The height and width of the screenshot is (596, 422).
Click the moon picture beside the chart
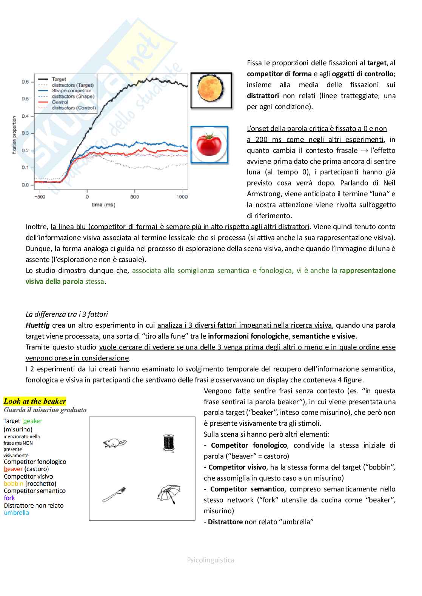pyautogui.click(x=211, y=91)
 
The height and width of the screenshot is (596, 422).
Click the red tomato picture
pyautogui.click(x=209, y=145)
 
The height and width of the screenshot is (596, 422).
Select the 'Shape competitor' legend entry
pyautogui.click(x=71, y=91)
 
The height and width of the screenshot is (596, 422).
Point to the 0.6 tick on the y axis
pyautogui.click(x=25, y=82)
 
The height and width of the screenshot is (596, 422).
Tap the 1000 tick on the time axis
pyautogui.click(x=182, y=197)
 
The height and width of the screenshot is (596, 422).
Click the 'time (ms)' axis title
pyautogui.click(x=103, y=205)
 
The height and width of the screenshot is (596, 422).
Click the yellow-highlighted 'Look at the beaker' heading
pyautogui.click(x=35, y=401)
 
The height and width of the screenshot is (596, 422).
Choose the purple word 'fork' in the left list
pyautogui.click(x=9, y=498)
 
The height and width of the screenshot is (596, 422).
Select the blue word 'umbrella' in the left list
pyautogui.click(x=16, y=513)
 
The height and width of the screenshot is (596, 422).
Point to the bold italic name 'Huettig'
pyautogui.click(x=37, y=325)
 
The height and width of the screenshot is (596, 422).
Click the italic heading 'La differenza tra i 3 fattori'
pyautogui.click(x=67, y=314)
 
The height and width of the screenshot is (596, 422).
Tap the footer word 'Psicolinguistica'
pyautogui.click(x=211, y=560)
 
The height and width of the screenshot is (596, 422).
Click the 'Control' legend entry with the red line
pyautogui.click(x=60, y=102)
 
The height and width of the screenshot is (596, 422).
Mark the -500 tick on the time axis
pyautogui.click(x=39, y=197)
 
